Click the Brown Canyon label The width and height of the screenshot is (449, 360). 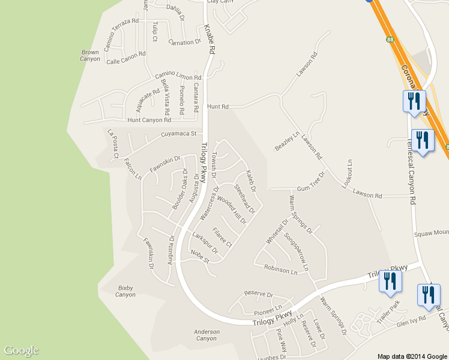90,56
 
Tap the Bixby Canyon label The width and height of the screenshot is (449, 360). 125,291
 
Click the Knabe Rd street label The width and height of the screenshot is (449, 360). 209,40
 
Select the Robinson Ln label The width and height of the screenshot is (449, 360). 280,270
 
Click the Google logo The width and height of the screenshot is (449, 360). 21,350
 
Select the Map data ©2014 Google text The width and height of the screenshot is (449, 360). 412,356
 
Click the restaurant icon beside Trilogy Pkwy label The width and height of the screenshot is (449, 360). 390,281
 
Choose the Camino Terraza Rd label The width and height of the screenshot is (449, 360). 121,34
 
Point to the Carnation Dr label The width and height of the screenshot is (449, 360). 184,43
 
